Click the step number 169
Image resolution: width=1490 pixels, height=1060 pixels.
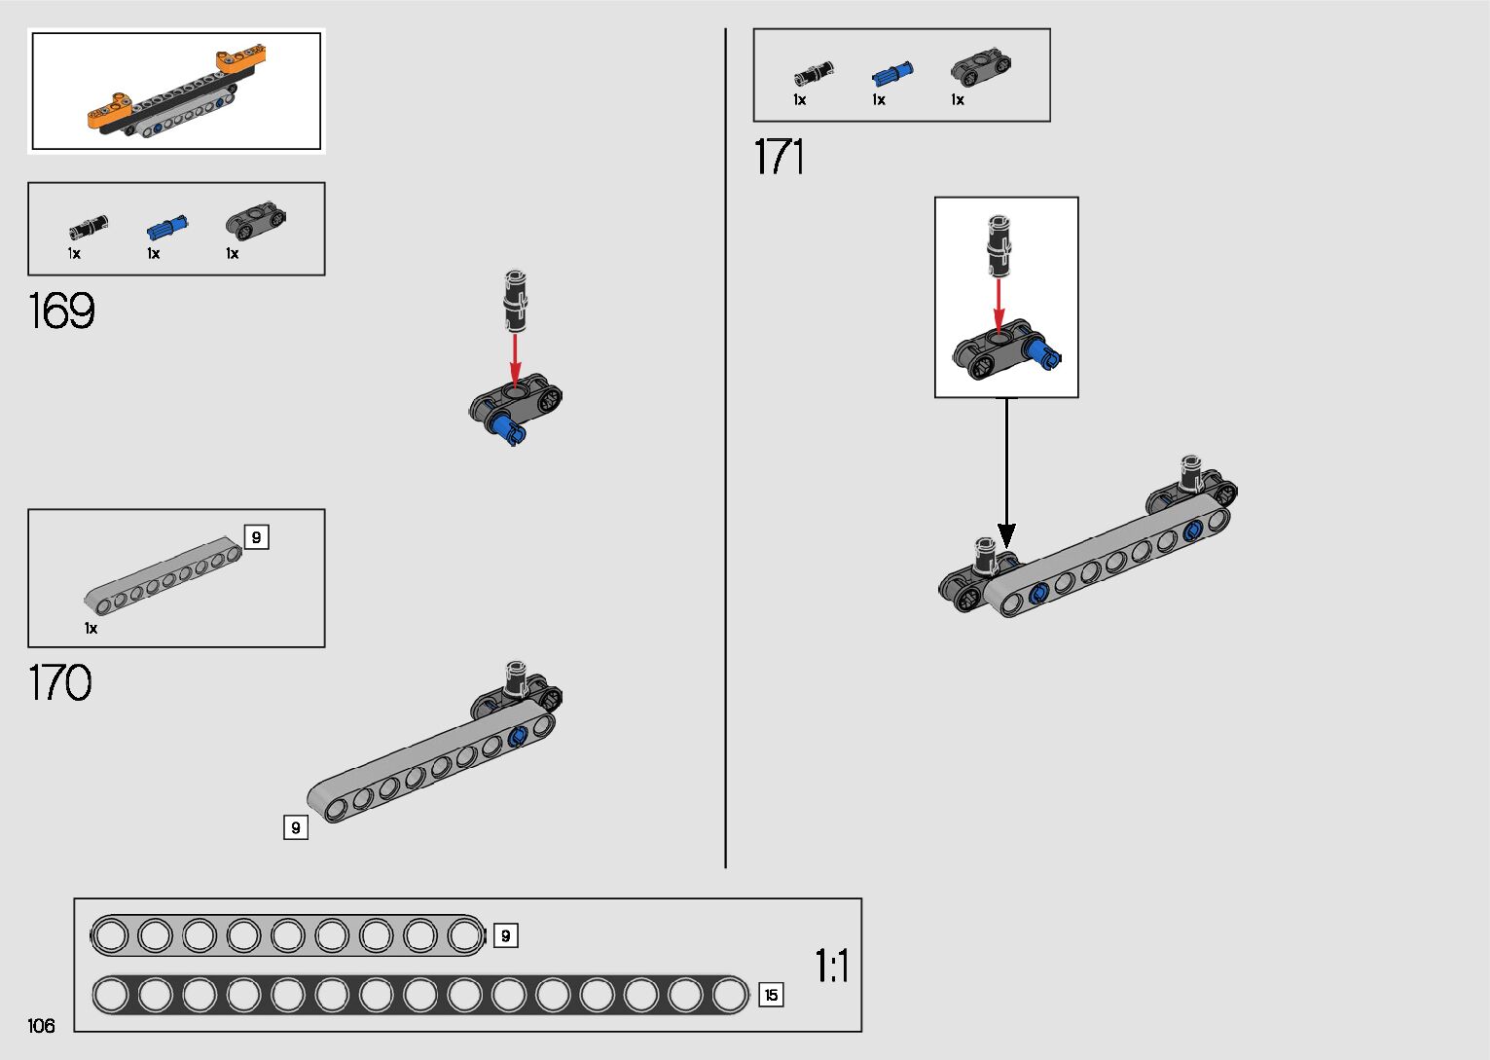(x=61, y=311)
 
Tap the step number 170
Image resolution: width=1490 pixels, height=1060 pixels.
(x=60, y=682)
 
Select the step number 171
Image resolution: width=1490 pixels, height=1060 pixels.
(x=779, y=157)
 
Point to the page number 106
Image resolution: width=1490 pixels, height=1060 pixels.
(x=42, y=1025)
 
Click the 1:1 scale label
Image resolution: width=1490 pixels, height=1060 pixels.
(x=832, y=967)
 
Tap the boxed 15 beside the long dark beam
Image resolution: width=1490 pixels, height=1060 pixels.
(x=771, y=995)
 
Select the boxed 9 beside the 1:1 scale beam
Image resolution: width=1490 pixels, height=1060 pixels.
(x=505, y=936)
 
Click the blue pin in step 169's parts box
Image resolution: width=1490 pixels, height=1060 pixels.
(x=166, y=229)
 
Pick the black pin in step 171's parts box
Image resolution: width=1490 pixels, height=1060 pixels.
(x=813, y=73)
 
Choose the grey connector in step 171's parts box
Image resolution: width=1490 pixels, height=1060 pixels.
(x=980, y=66)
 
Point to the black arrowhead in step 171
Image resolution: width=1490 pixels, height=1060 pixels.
(x=1006, y=534)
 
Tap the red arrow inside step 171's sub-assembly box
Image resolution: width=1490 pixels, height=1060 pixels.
(x=998, y=306)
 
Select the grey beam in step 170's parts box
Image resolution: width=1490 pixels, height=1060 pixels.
(x=163, y=574)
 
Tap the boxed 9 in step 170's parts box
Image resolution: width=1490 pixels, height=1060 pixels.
(x=256, y=537)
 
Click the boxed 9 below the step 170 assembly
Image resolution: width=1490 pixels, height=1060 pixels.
(x=295, y=827)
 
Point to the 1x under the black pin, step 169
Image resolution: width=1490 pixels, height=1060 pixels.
(x=74, y=254)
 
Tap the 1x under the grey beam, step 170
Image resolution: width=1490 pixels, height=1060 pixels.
(x=91, y=629)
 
